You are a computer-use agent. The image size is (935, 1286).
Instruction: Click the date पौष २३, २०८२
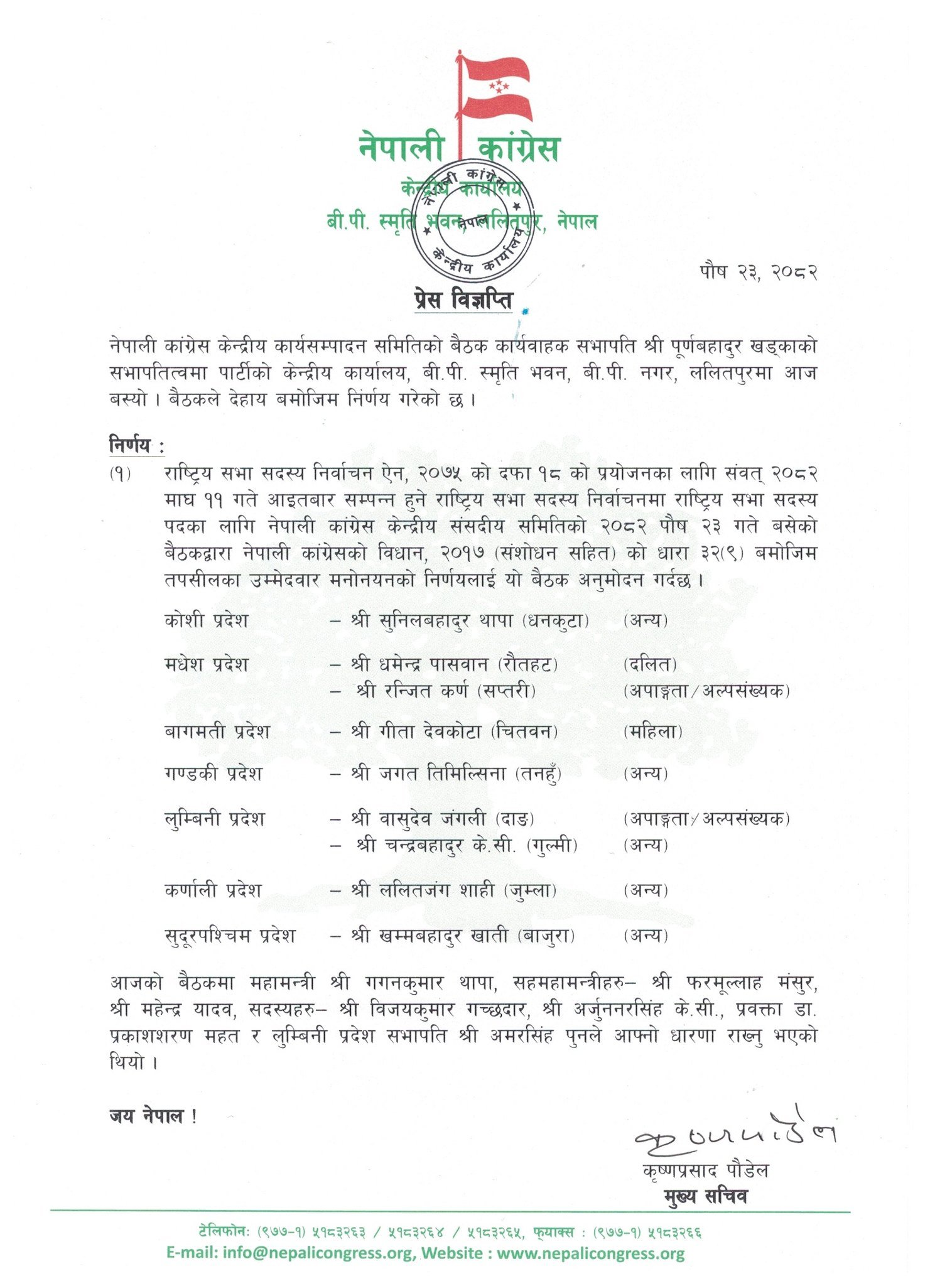pyautogui.click(x=758, y=271)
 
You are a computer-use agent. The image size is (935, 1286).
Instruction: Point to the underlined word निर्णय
pyautogui.click(x=131, y=445)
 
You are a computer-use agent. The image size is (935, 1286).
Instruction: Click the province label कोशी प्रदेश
pyautogui.click(x=206, y=620)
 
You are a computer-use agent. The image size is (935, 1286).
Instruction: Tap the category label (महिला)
pyautogui.click(x=652, y=732)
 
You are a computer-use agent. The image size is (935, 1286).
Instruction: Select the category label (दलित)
pyautogui.click(x=650, y=664)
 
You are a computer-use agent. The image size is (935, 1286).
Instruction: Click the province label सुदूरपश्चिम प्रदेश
pyautogui.click(x=229, y=936)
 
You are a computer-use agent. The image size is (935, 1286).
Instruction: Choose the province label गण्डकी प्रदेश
pyautogui.click(x=213, y=774)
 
